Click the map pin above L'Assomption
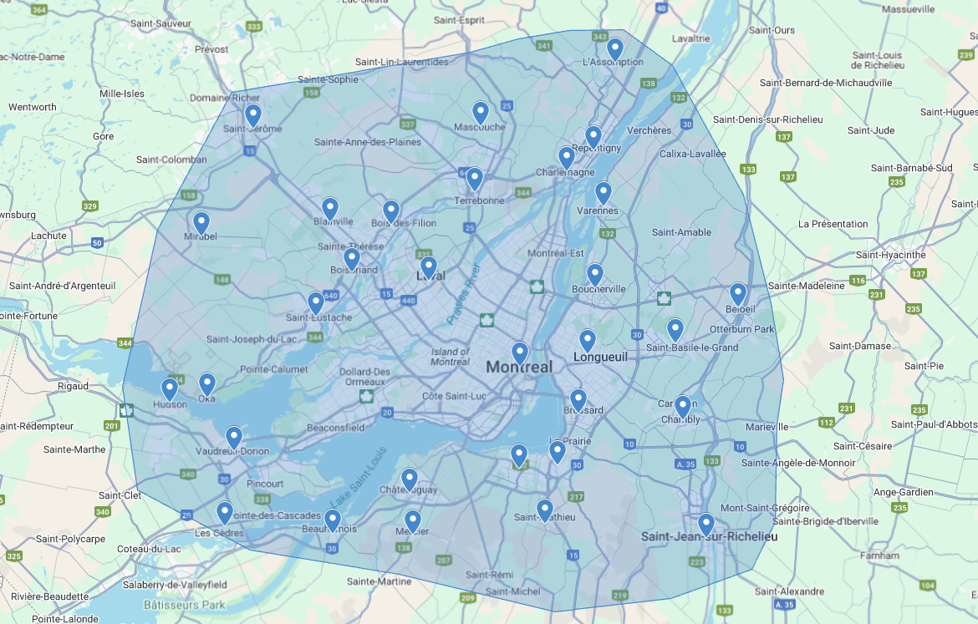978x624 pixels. coord(615,48)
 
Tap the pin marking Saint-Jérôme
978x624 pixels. coord(252,114)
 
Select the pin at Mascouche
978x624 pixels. coord(481,112)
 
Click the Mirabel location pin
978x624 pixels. coord(201,223)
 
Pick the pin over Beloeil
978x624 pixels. coord(738,293)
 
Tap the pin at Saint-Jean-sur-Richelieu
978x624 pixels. coord(706,524)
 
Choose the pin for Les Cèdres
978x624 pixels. coord(225,512)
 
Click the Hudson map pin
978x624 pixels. coord(170,388)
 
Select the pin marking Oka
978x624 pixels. coord(207,383)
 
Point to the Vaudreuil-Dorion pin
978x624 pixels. coord(234,437)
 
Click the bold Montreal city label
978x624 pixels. coord(519,368)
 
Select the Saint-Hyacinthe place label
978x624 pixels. coord(890,255)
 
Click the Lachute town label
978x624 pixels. coord(48,236)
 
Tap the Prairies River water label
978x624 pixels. coord(464,294)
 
